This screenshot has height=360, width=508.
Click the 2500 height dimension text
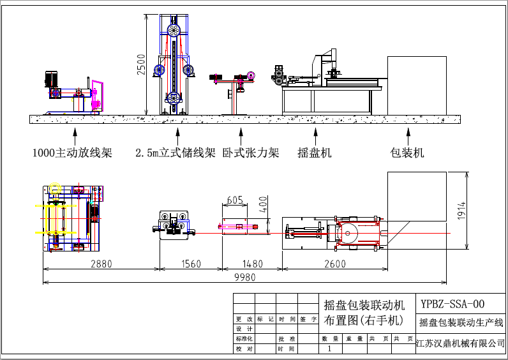tap(142, 65)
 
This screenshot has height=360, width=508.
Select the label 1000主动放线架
tap(72, 153)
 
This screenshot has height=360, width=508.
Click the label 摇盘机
tap(315, 153)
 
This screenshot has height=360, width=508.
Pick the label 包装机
tap(407, 153)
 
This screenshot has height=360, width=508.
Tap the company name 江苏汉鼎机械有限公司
tap(460, 343)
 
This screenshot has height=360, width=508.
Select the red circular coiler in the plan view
tap(348, 234)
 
